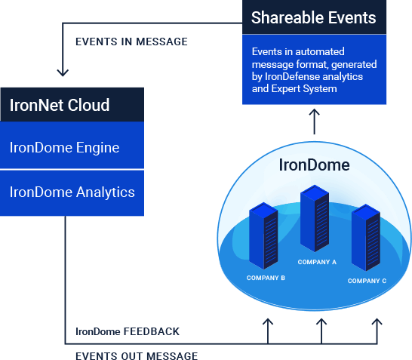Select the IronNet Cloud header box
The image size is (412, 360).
pos(72,104)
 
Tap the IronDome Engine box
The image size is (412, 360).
pos(72,147)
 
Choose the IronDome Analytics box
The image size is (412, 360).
pos(72,192)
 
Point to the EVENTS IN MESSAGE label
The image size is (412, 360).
pos(131,42)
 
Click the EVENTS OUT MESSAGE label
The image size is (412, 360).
pos(137,355)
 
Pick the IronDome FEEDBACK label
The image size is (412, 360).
pos(128,331)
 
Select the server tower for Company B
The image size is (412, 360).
pos(264,235)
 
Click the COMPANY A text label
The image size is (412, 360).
pos(317,263)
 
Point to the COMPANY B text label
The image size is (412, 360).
pos(266,278)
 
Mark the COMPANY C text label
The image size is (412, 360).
pos(367,281)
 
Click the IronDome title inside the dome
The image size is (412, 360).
pos(315,165)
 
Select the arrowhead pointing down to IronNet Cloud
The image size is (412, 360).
pos(63,73)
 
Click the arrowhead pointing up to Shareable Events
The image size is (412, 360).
pos(315,111)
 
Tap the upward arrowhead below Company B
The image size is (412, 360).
pos(267,322)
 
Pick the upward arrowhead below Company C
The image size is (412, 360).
pos(377,322)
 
